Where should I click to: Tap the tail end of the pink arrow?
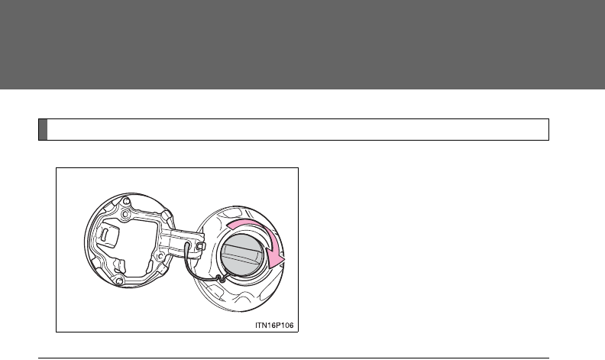(x=228, y=226)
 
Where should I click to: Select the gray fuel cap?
(x=242, y=255)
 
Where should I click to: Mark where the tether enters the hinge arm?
(x=186, y=244)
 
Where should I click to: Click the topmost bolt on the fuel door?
(x=125, y=201)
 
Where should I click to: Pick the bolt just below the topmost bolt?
(x=125, y=214)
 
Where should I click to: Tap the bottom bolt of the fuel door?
(x=119, y=281)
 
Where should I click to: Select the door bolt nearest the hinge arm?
(x=160, y=256)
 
